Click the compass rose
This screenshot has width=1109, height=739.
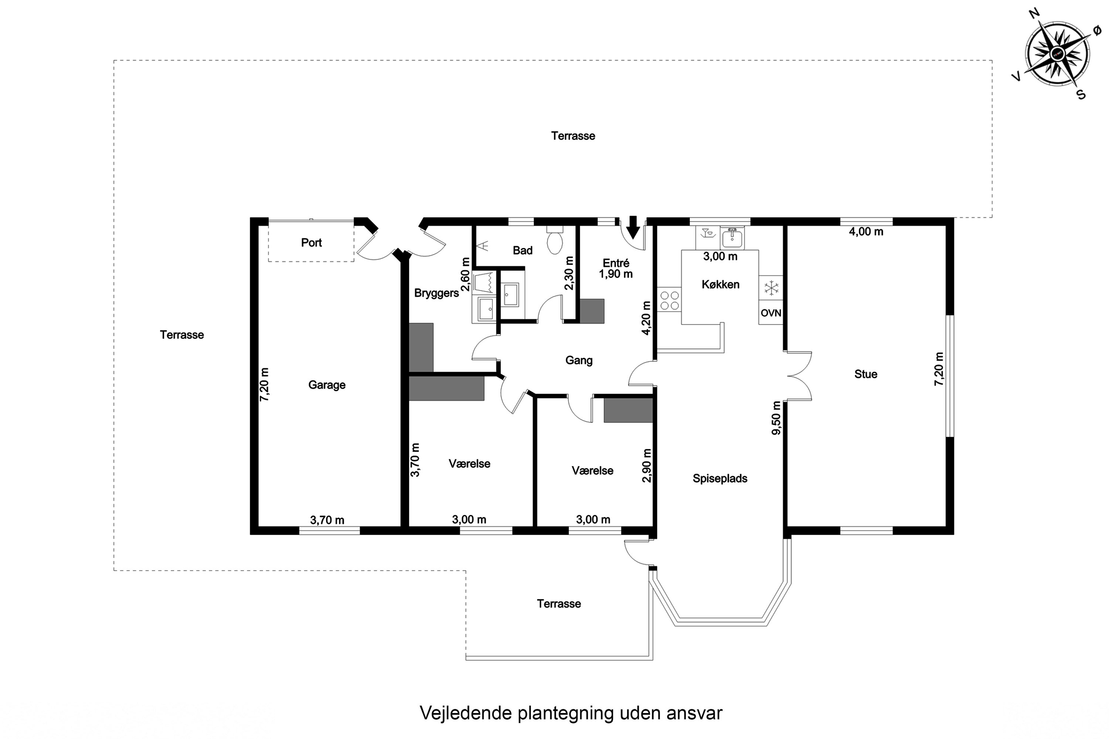(x=1058, y=53)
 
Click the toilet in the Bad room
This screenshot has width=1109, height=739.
(x=554, y=242)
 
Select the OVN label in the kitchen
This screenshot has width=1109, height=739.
(x=770, y=313)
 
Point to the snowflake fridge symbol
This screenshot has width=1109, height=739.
(x=771, y=288)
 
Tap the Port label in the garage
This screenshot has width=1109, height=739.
(x=311, y=243)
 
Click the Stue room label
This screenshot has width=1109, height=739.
(x=866, y=374)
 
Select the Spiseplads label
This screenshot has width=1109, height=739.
(x=719, y=479)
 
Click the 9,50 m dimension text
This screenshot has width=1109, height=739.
(x=776, y=418)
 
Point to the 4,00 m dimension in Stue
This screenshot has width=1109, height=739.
(x=866, y=231)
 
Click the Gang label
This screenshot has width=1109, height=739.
(x=579, y=360)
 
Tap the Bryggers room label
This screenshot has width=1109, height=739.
(x=436, y=293)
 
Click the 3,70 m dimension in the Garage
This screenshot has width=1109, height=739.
(x=327, y=520)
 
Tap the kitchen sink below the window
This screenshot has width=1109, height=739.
(x=732, y=237)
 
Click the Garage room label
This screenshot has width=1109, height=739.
(x=327, y=385)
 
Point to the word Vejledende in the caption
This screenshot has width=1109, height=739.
(x=466, y=713)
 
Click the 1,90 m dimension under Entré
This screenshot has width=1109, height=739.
(x=615, y=274)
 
